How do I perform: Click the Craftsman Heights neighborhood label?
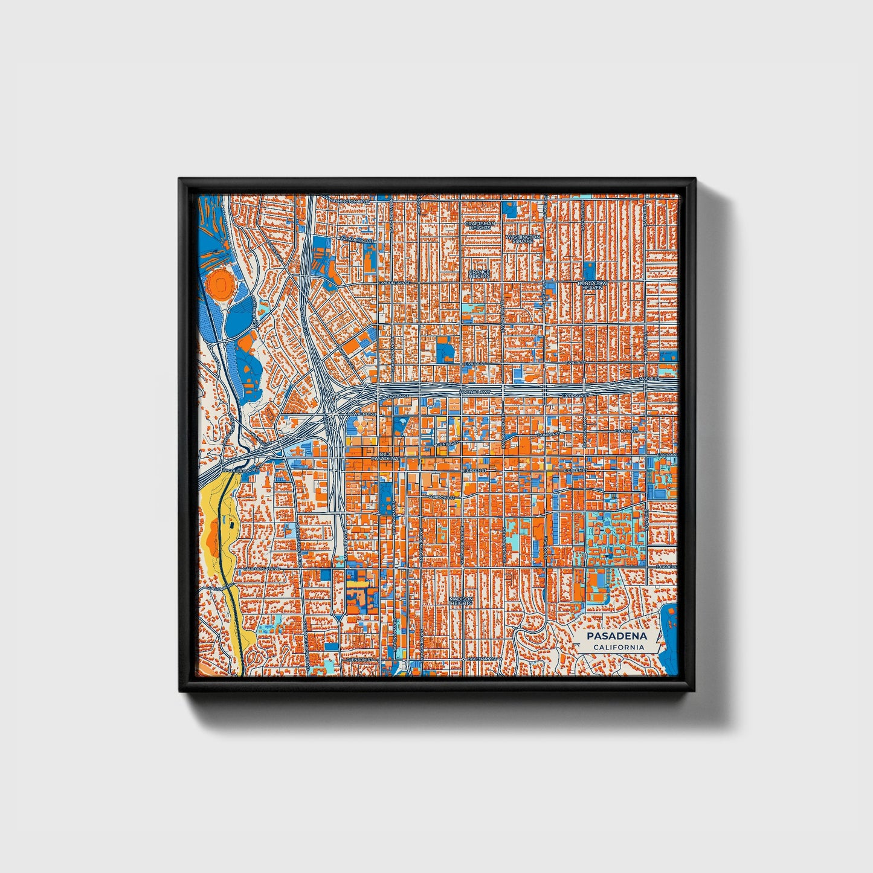480,225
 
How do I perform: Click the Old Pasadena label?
385,456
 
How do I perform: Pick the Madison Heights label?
460,601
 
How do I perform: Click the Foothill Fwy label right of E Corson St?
477,393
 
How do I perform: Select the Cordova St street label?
440,497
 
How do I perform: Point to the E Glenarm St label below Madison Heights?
482,659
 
